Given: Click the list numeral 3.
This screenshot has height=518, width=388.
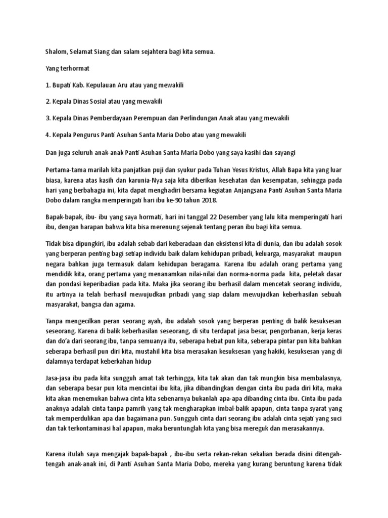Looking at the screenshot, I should coord(47,118).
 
